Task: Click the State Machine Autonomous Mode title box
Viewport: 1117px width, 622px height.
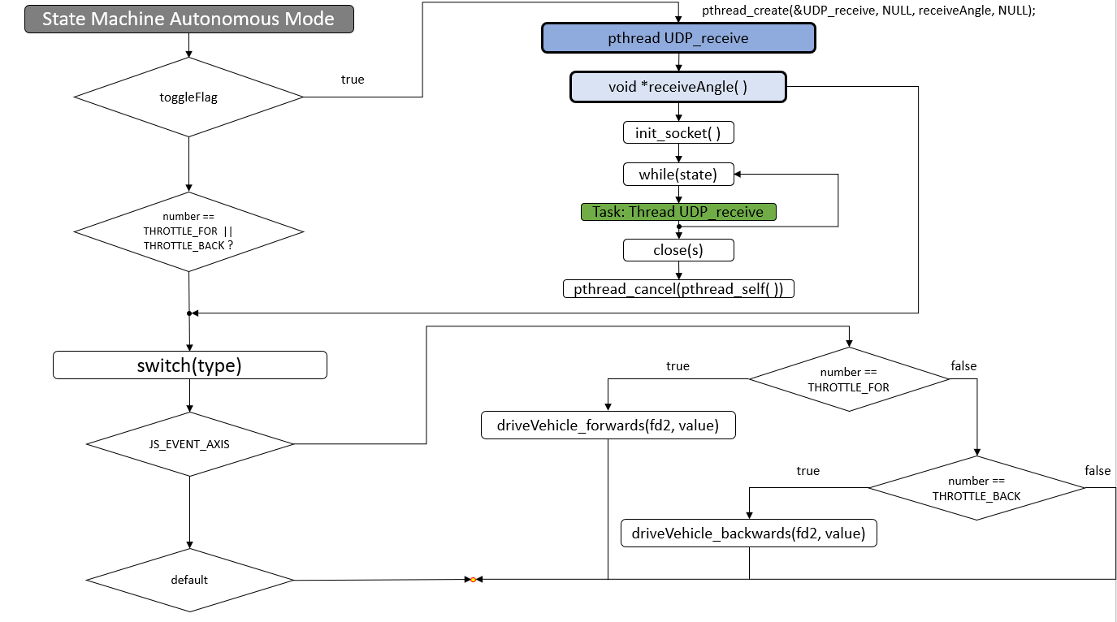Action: coord(188,19)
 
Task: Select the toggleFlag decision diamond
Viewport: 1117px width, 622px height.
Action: coord(188,97)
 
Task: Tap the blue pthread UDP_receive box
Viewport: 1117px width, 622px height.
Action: coord(678,38)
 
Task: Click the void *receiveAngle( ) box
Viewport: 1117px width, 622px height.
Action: coord(678,87)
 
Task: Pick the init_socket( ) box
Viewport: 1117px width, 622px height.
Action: coord(678,133)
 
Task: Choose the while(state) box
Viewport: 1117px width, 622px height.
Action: coord(678,174)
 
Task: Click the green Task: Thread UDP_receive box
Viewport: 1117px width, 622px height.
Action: coord(678,212)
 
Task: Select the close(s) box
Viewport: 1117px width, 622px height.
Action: coord(678,250)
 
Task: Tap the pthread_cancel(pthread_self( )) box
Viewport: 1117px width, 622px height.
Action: coord(678,288)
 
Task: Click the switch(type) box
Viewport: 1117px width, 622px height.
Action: coord(189,365)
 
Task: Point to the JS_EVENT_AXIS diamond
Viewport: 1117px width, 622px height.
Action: coord(189,444)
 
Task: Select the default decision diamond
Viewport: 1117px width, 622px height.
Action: coord(189,580)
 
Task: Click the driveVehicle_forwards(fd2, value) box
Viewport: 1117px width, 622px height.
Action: coord(608,425)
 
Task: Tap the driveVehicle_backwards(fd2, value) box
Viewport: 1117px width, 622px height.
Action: coord(749,533)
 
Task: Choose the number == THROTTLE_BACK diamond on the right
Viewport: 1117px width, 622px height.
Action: coord(976,488)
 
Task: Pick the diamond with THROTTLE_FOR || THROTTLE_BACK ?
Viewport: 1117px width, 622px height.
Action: coord(188,231)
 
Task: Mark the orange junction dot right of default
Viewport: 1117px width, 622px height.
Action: coord(473,580)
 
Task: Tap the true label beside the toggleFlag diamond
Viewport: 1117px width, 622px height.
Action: coord(353,80)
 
